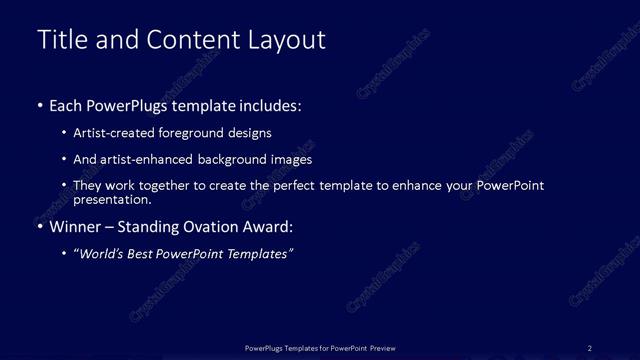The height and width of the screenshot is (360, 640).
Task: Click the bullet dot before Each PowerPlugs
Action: (40, 105)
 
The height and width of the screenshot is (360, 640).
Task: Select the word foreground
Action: (201, 132)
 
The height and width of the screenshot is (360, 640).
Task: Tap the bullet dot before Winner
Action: (40, 226)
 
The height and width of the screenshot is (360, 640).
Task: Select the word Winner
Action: (76, 226)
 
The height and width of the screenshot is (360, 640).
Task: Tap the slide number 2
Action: (590, 347)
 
